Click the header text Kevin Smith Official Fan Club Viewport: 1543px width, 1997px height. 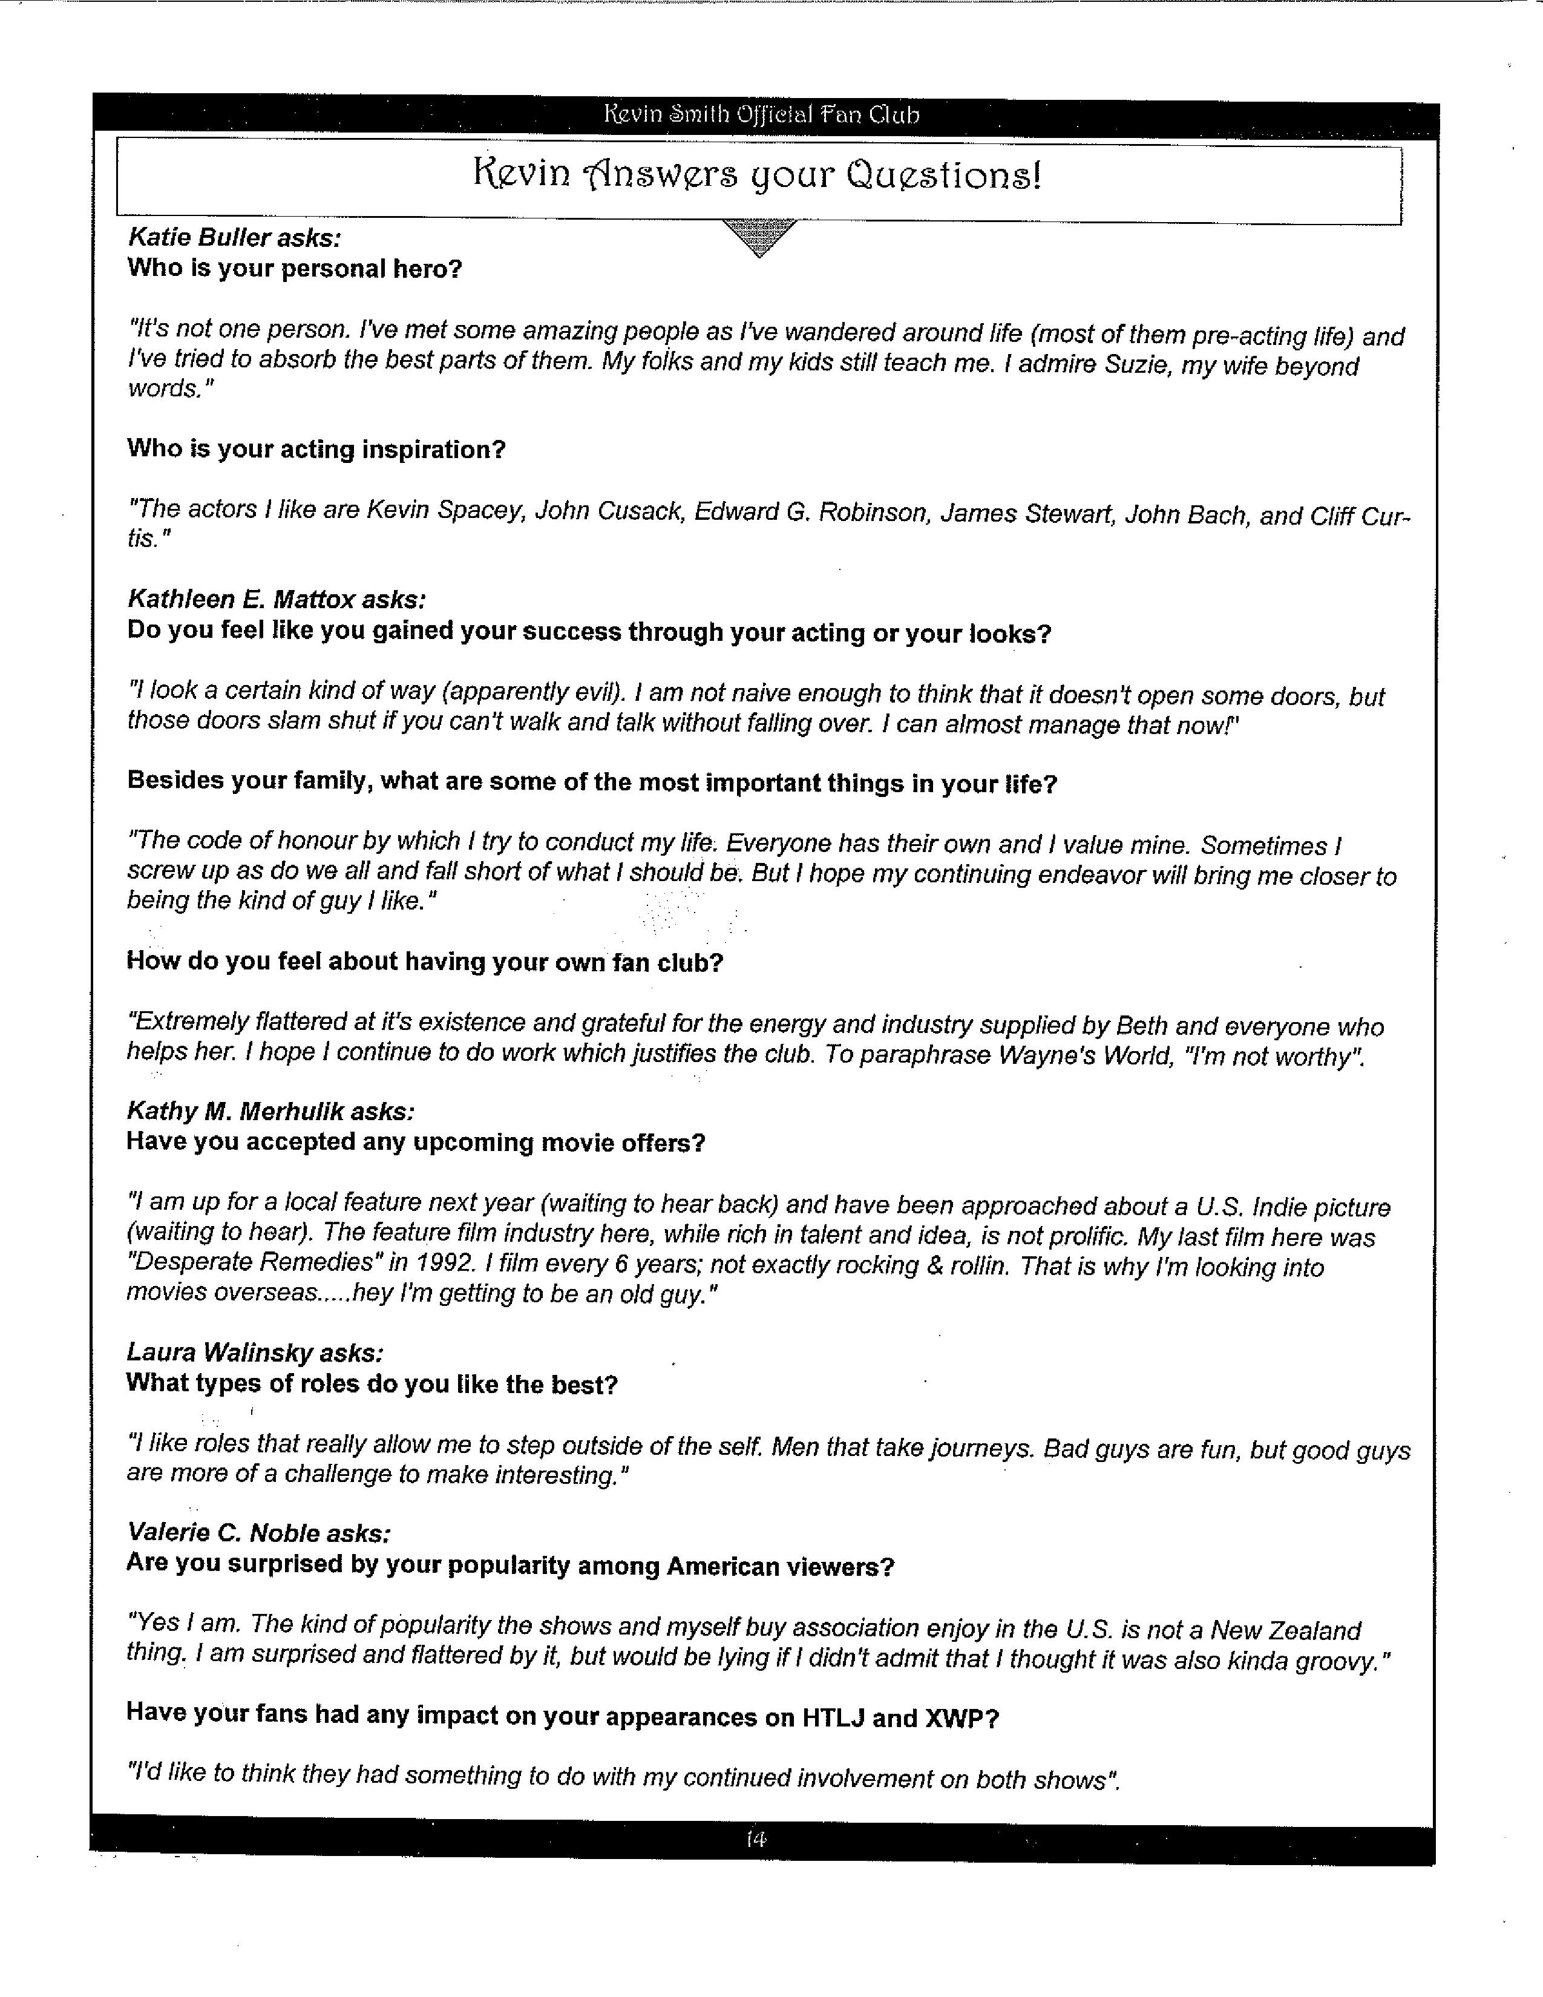pos(761,115)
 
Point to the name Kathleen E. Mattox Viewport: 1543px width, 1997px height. pos(241,600)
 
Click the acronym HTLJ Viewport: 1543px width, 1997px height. pos(833,1718)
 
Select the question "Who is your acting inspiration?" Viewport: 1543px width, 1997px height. pos(316,450)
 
